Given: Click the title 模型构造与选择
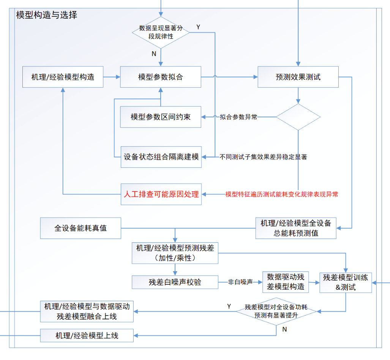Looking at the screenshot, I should click(47, 15).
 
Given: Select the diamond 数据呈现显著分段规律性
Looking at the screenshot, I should click(161, 32).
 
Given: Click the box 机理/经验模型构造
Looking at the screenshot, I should click(63, 77).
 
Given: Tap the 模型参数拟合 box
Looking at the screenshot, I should click(161, 77).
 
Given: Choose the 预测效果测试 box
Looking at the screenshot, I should click(298, 77).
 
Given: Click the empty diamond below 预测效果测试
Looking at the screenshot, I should click(298, 117).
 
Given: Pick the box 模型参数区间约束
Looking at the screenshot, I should click(161, 117).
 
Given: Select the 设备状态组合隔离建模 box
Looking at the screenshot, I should click(161, 157).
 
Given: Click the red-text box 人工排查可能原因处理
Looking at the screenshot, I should click(161, 194).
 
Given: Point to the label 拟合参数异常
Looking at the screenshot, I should click(238, 117).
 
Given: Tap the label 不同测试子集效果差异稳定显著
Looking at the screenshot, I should click(263, 157).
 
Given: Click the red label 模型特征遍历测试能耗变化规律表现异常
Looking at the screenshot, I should click(281, 194).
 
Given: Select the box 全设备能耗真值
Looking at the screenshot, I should click(81, 228).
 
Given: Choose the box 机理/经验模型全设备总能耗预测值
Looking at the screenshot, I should click(296, 228).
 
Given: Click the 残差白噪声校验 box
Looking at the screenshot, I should click(175, 282).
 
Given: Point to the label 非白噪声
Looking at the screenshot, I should click(240, 282).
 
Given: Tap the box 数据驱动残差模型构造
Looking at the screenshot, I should click(285, 282).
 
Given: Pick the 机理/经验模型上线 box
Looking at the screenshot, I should click(87, 335).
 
